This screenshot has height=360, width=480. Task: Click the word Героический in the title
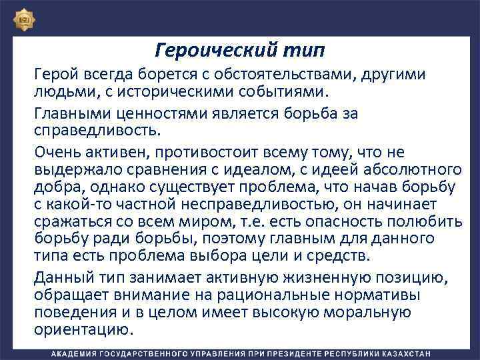point(199,50)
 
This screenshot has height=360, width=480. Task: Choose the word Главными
point(70,114)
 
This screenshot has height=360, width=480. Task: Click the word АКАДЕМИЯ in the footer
point(76,353)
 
